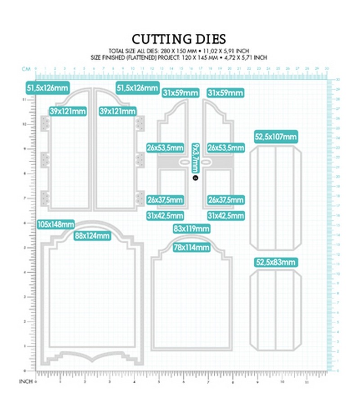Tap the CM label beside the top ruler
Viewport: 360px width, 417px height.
pos(26,69)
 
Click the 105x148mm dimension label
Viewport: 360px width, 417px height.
pos(56,224)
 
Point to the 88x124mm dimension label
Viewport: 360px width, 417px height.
pos(92,235)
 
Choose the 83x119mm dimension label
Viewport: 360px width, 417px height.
pos(191,228)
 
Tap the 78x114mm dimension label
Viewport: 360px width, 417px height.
pos(191,247)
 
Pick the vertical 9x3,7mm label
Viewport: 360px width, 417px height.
pos(195,158)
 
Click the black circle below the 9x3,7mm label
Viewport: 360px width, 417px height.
pos(195,178)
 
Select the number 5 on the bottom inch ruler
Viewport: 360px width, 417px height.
pos(159,381)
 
